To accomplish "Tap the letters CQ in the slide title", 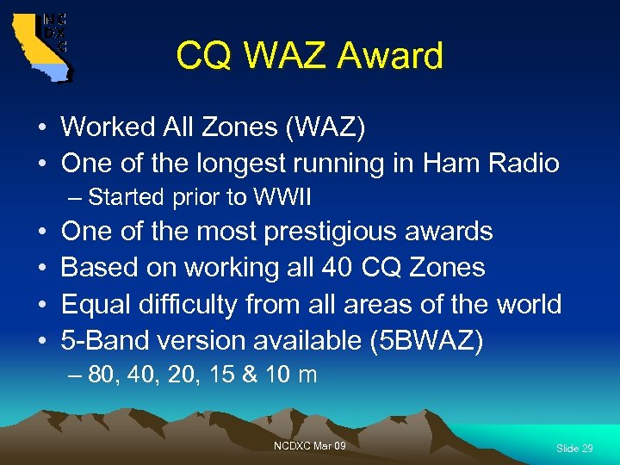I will [203, 57].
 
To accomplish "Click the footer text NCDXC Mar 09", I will [310, 445].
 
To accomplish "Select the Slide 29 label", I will [574, 449].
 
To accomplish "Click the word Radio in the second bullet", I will [525, 163].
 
